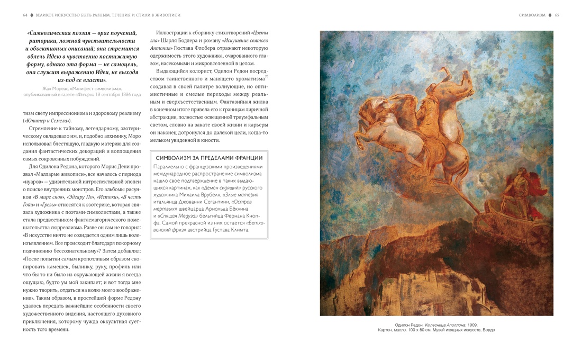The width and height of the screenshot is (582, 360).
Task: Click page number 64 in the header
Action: (25, 15)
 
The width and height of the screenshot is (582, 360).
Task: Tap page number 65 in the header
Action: (556, 15)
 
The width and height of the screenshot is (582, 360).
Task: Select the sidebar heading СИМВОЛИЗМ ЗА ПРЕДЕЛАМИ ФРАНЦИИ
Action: (209, 158)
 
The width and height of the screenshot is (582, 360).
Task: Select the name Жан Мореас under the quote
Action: (60, 88)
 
